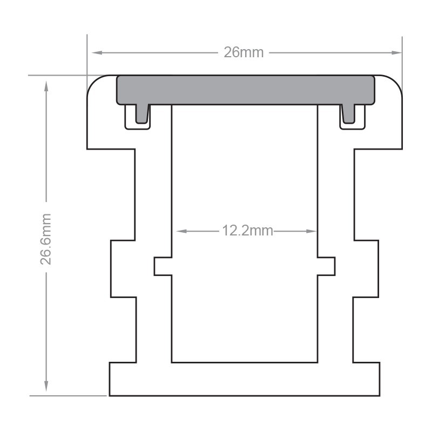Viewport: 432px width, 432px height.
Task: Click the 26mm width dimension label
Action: point(244,52)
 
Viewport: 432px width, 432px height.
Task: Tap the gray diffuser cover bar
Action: point(246,90)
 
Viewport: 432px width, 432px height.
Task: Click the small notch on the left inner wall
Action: point(163,266)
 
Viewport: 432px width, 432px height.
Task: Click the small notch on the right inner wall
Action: point(326,266)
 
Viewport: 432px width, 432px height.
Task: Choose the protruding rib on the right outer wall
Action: point(367,268)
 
